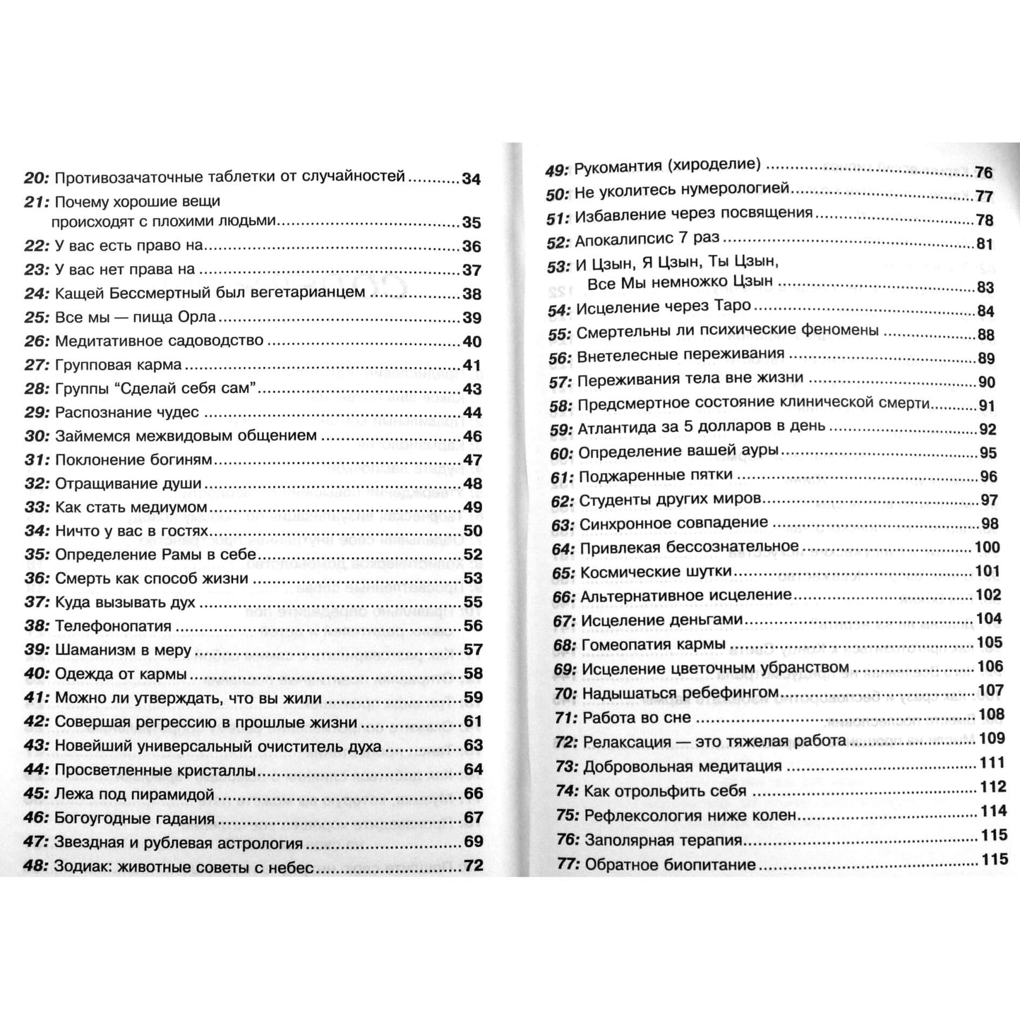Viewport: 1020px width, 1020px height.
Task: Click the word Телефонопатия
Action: pyautogui.click(x=113, y=627)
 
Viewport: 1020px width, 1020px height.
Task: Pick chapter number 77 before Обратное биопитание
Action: pyautogui.click(x=568, y=865)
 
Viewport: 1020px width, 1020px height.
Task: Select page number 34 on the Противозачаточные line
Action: pyautogui.click(x=472, y=179)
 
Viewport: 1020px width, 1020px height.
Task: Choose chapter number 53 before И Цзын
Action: pyautogui.click(x=558, y=266)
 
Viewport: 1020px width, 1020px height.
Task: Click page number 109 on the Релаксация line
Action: pyautogui.click(x=992, y=738)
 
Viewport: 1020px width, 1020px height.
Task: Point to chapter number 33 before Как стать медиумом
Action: pyautogui.click(x=35, y=508)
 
